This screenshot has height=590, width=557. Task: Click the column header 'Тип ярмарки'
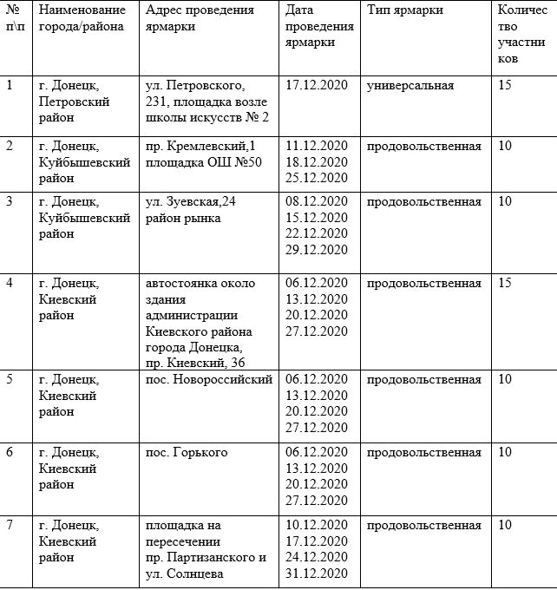coord(405,10)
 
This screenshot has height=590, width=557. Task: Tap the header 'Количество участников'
coord(521,34)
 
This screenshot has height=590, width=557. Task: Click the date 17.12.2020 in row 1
coord(317,86)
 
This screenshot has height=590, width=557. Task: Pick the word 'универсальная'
coord(410,86)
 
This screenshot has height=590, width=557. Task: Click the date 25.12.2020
coord(317,177)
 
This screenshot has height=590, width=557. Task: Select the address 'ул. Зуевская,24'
coord(190,202)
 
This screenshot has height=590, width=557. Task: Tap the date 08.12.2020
coord(317,202)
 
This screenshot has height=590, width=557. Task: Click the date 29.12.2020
coord(317,250)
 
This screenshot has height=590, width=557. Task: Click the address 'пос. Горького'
coord(187,453)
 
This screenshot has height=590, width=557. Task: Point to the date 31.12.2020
coord(317,574)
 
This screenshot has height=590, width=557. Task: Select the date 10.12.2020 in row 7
coord(317,526)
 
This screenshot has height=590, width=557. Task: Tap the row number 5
coord(10,380)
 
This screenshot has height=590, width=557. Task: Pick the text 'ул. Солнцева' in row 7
coord(184,574)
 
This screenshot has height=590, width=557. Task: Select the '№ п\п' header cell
coord(14,17)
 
